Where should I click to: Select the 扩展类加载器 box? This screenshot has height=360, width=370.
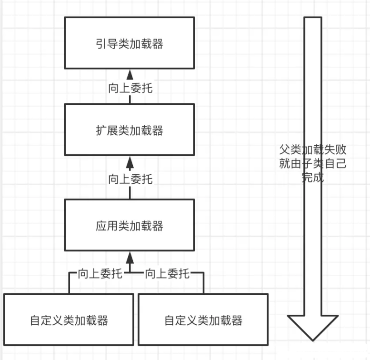tap(129, 130)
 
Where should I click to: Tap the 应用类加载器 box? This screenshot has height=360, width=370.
tap(129, 225)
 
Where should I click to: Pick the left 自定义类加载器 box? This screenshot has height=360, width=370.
tap(69, 320)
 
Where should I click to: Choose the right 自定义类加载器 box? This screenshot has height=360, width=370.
tap(203, 320)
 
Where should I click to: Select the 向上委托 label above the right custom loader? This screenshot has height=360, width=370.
tap(167, 273)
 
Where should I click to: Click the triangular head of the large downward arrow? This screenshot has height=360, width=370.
tap(312, 327)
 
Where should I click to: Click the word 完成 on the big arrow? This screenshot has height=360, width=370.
tap(312, 179)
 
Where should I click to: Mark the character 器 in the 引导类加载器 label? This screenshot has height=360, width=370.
tap(158, 44)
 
